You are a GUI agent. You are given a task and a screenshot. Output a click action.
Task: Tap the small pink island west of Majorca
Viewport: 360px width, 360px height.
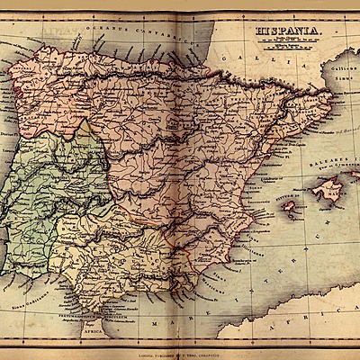point(292,207)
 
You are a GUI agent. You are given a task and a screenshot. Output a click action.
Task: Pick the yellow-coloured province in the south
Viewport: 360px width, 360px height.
point(117,256)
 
